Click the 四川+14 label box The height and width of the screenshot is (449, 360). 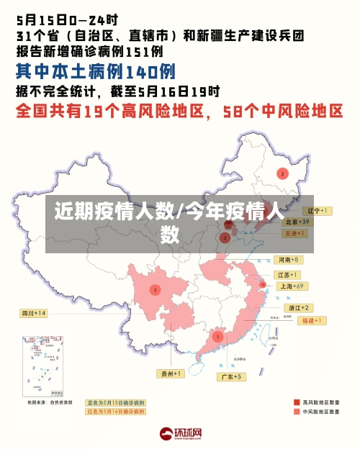(x=34, y=313)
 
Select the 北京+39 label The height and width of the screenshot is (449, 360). (x=295, y=222)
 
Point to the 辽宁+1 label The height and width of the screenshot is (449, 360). (x=316, y=211)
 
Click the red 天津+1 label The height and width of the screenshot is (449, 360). (x=295, y=234)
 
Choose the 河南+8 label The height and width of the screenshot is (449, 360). (x=288, y=259)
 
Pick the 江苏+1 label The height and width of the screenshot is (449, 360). (x=288, y=275)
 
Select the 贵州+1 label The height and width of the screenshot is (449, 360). (x=171, y=373)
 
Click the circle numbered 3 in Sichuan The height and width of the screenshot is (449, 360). (x=155, y=290)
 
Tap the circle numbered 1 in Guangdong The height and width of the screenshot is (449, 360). (x=217, y=336)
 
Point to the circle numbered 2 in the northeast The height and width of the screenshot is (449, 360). (x=283, y=173)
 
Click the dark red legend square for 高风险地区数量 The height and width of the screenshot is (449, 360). (x=296, y=402)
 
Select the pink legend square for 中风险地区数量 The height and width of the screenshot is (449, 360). (x=296, y=412)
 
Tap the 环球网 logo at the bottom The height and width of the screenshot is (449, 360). (x=180, y=434)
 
